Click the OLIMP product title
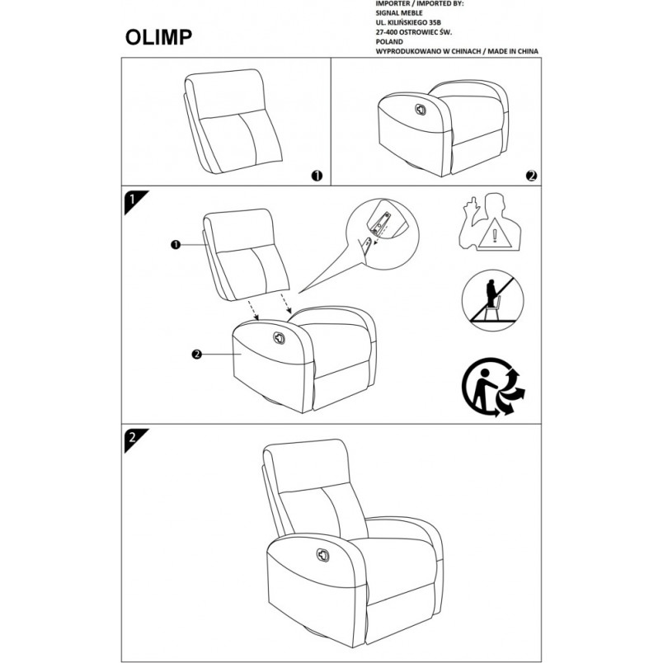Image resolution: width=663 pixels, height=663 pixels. [158, 37]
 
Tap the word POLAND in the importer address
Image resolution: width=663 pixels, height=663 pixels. [389, 42]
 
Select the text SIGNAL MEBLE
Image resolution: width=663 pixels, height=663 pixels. [399, 13]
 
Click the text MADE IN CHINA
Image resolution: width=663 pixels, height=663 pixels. [515, 52]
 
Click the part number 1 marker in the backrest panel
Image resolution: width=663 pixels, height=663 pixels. [317, 176]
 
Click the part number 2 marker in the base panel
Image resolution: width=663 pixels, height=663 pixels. [532, 176]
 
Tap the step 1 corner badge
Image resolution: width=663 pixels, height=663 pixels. [134, 200]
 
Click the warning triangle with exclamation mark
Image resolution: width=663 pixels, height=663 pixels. [494, 234]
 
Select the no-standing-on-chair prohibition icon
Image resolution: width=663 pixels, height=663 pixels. [492, 301]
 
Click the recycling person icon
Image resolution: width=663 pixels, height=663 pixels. [493, 388]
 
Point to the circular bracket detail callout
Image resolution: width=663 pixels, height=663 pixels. [383, 234]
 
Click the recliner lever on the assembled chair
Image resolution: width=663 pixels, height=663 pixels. [323, 555]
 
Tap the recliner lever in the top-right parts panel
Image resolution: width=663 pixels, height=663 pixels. [421, 110]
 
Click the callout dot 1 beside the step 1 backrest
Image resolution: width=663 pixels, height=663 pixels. [176, 244]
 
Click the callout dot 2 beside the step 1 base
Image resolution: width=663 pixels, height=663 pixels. [196, 355]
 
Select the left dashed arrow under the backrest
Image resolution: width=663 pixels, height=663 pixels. [253, 311]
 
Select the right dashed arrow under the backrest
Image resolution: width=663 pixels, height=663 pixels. [286, 304]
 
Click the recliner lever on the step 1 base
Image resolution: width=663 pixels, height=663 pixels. [279, 338]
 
